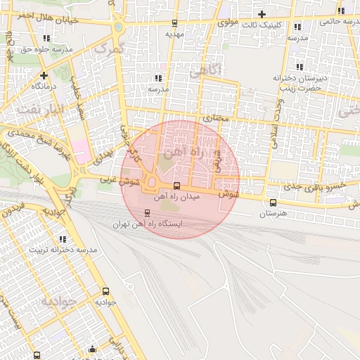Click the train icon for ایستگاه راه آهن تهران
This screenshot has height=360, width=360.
(x=147, y=213)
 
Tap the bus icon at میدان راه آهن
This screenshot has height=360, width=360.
(x=176, y=186)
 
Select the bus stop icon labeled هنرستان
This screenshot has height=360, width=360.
(x=273, y=203)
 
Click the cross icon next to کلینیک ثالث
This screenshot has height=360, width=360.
(x=262, y=14)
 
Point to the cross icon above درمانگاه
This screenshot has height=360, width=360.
(x=44, y=75)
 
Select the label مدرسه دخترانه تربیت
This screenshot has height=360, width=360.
(x=62, y=250)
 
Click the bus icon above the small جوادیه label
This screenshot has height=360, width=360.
(x=105, y=290)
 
